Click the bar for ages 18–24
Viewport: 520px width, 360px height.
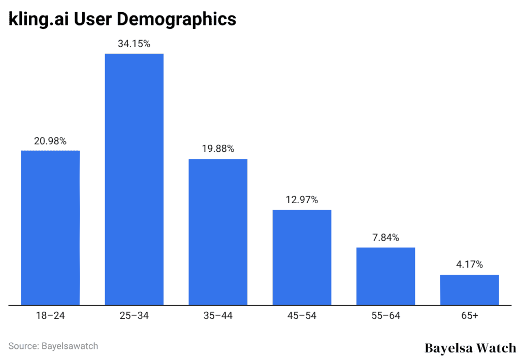50,228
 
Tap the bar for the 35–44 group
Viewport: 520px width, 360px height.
218,232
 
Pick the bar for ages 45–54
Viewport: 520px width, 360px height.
302,257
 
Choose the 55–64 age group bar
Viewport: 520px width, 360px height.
385,276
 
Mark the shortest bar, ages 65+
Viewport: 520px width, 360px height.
469,290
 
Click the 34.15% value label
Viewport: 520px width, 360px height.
134,44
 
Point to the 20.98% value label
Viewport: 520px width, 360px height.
50,141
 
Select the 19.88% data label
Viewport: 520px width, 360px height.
218,149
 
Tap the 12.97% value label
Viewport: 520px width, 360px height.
302,200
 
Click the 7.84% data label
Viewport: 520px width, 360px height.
385,238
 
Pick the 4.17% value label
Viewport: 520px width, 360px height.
469,265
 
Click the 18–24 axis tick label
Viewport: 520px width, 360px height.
50,316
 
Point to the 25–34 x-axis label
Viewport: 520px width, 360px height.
134,316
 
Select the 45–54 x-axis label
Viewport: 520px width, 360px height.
302,316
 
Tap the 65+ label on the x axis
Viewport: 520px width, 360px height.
469,316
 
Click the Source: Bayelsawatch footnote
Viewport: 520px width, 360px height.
53,346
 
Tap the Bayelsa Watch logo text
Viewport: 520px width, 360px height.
470,348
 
